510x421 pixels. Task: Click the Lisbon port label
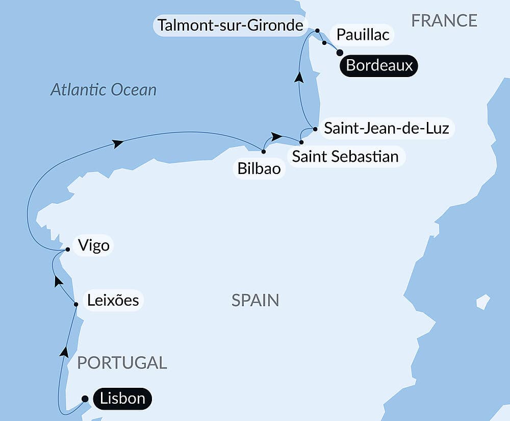coord(123,399)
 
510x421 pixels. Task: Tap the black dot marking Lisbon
coord(85,399)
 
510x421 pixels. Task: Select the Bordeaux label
coord(379,66)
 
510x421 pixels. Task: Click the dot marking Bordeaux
coord(340,52)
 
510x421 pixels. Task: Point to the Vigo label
coord(94,245)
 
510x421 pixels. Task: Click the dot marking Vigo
coord(68,250)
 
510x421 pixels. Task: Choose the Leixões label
coord(113,300)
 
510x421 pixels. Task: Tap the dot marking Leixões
coord(76,304)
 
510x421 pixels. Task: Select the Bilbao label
coord(259,168)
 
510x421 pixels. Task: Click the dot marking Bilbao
coord(263,151)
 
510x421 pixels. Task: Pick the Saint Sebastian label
coord(345,156)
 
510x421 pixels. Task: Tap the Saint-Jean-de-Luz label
coord(387,128)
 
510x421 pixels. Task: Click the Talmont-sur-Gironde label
coord(231,25)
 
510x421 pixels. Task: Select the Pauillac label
coord(363,35)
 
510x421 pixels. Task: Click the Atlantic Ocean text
coord(104,90)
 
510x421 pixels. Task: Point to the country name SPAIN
coord(255,300)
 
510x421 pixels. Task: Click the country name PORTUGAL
coord(122,363)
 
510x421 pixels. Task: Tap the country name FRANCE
coord(444,20)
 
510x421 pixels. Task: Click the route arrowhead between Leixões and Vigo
coord(58,281)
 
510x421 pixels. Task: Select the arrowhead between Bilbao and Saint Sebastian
coord(276,136)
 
